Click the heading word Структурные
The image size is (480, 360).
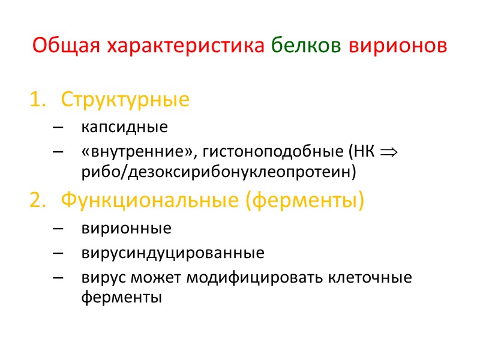pos(125,99)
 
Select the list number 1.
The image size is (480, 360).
pos(37,99)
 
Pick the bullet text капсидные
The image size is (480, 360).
pos(124,127)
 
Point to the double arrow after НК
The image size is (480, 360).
pos(388,152)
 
